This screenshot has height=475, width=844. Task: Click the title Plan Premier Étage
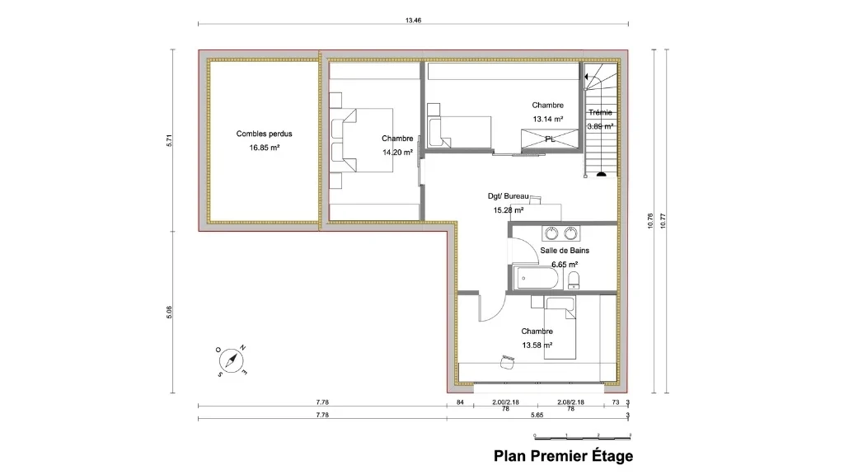pos(563,456)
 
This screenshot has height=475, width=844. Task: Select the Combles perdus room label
pos(264,134)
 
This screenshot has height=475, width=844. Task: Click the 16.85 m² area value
pos(264,148)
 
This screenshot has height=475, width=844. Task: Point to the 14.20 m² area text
pos(396,153)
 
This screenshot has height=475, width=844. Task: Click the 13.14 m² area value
pos(547,119)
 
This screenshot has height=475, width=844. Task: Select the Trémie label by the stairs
pos(600,112)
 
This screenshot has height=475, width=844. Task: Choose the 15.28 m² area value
pos(509,210)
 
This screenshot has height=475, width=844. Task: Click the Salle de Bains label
pos(565,250)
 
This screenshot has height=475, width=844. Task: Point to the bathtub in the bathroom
pos(536,277)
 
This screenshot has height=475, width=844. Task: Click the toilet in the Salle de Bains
pos(574,279)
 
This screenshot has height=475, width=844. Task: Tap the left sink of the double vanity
pos(550,232)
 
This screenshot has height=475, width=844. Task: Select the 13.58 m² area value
pos(537,346)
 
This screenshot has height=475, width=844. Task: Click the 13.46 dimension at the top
pos(414,20)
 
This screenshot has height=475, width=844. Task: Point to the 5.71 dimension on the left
pos(169,139)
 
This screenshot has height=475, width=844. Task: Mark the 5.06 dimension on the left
pos(169,313)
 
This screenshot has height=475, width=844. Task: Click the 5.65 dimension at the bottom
pos(537,416)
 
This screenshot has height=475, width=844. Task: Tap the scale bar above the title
pos(582,435)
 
